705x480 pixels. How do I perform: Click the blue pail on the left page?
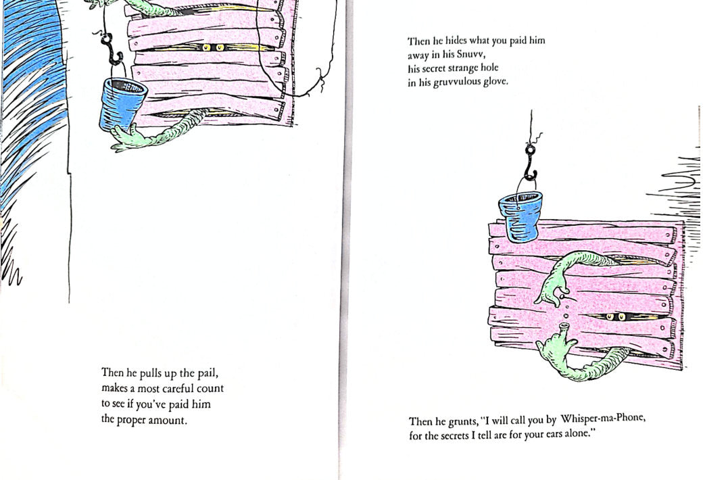(x=122, y=103)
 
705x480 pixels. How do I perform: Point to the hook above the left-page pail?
(x=111, y=49)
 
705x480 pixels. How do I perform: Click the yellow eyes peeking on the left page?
(x=213, y=47)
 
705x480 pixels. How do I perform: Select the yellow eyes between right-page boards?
(x=616, y=317)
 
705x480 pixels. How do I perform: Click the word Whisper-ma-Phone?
(x=603, y=419)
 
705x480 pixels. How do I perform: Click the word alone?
(x=580, y=433)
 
